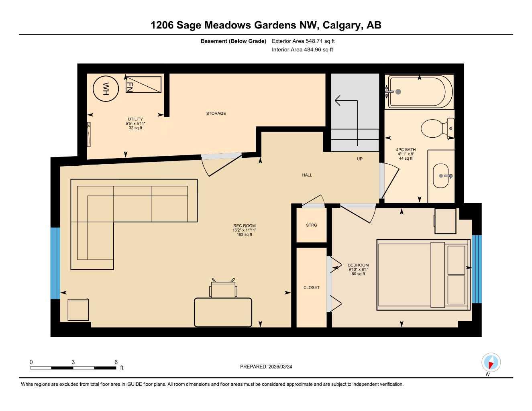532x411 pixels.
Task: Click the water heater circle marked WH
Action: (106, 89)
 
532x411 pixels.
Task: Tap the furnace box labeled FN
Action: (143, 85)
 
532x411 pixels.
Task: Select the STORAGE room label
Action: (216, 114)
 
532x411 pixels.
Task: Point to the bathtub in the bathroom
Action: (420, 92)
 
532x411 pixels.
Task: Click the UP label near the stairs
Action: (360, 159)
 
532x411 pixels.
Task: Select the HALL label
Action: (307, 175)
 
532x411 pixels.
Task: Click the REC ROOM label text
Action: (244, 226)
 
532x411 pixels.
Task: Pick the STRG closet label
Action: (312, 226)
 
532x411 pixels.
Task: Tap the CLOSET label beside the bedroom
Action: (312, 288)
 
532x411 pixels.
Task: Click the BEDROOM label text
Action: (358, 265)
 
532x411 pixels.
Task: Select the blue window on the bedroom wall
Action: (477, 269)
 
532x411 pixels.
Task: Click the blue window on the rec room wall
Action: (55, 263)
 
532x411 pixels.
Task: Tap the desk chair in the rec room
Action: (223, 288)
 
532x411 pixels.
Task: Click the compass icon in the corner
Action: (491, 363)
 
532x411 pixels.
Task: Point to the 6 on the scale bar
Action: (116, 362)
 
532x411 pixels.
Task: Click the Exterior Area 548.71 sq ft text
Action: (303, 41)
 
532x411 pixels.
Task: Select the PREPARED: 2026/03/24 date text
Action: (266, 367)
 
